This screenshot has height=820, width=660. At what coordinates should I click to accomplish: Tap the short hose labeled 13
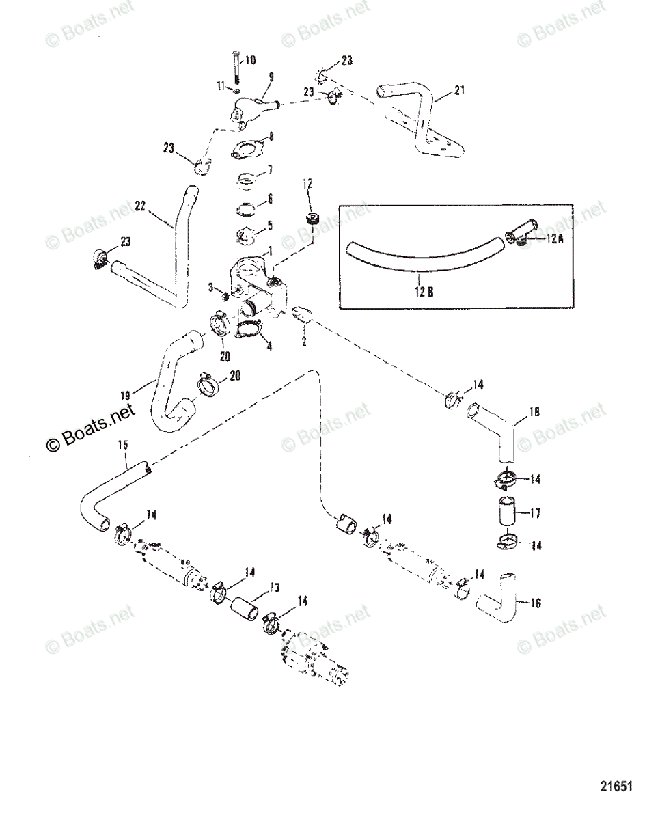pyautogui.click(x=245, y=607)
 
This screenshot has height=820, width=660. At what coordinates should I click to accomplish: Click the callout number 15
pyautogui.click(x=123, y=446)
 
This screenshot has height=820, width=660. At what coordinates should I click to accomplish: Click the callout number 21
pyautogui.click(x=458, y=90)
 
